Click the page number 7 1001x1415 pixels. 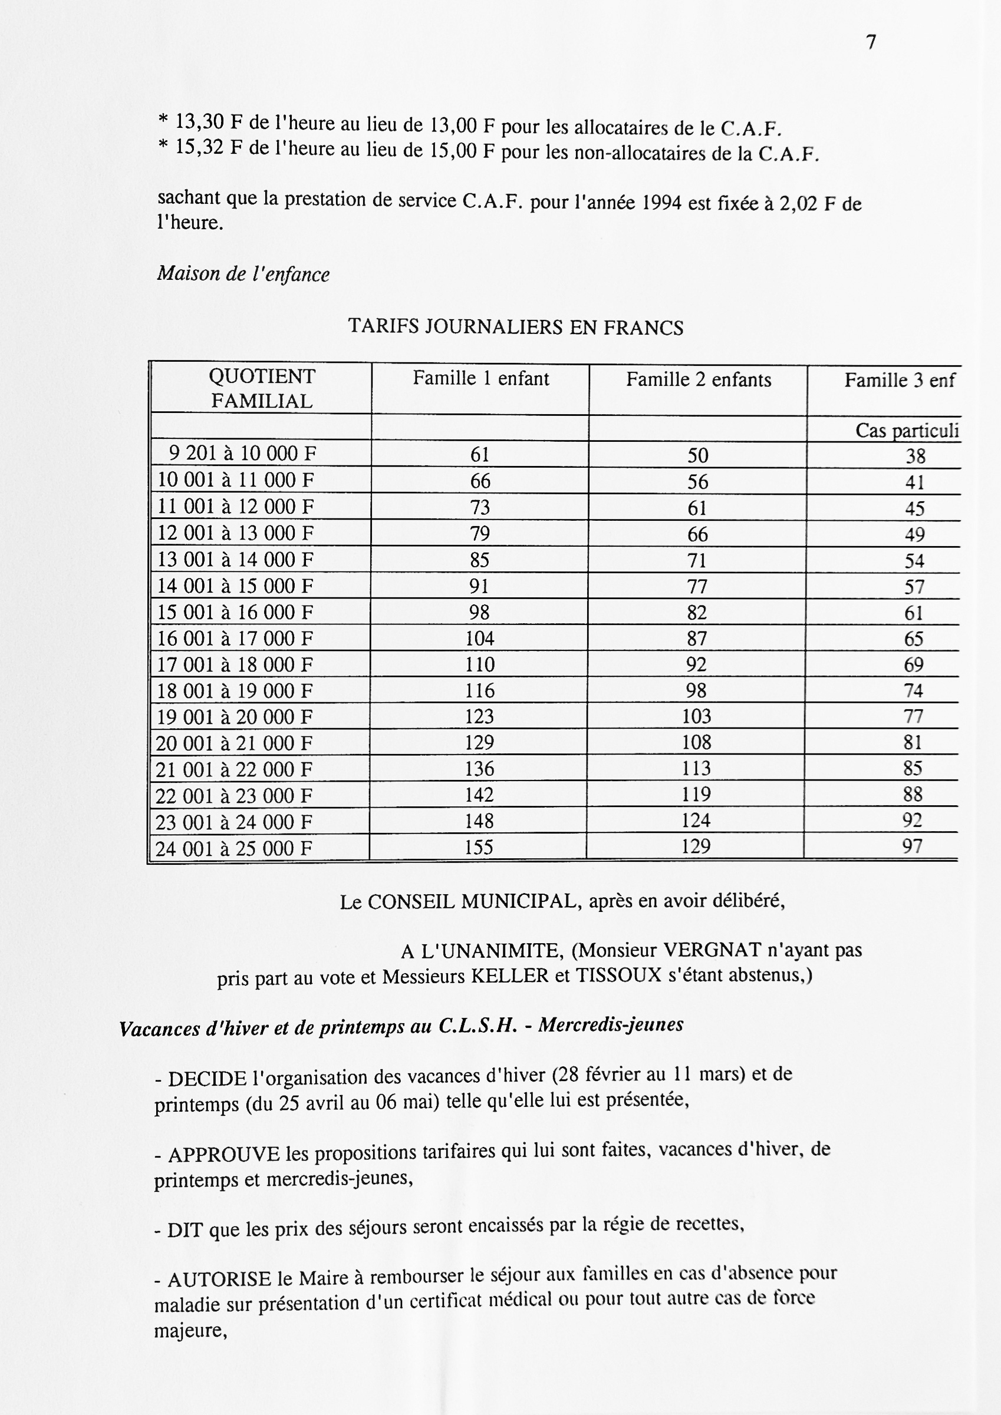871,42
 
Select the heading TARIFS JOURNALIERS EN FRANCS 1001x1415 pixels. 516,326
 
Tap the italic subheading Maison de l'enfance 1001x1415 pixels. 243,273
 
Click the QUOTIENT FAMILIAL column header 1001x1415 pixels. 262,389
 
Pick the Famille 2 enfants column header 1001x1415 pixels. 699,379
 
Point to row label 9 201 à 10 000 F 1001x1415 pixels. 242,454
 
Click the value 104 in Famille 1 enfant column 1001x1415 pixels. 480,639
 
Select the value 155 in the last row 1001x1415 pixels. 479,847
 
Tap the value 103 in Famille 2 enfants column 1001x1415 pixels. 696,716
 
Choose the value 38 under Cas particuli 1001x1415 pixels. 916,456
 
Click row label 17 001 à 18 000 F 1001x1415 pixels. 235,665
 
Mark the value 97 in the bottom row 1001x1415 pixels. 912,846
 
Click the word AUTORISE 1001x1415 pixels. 219,1280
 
